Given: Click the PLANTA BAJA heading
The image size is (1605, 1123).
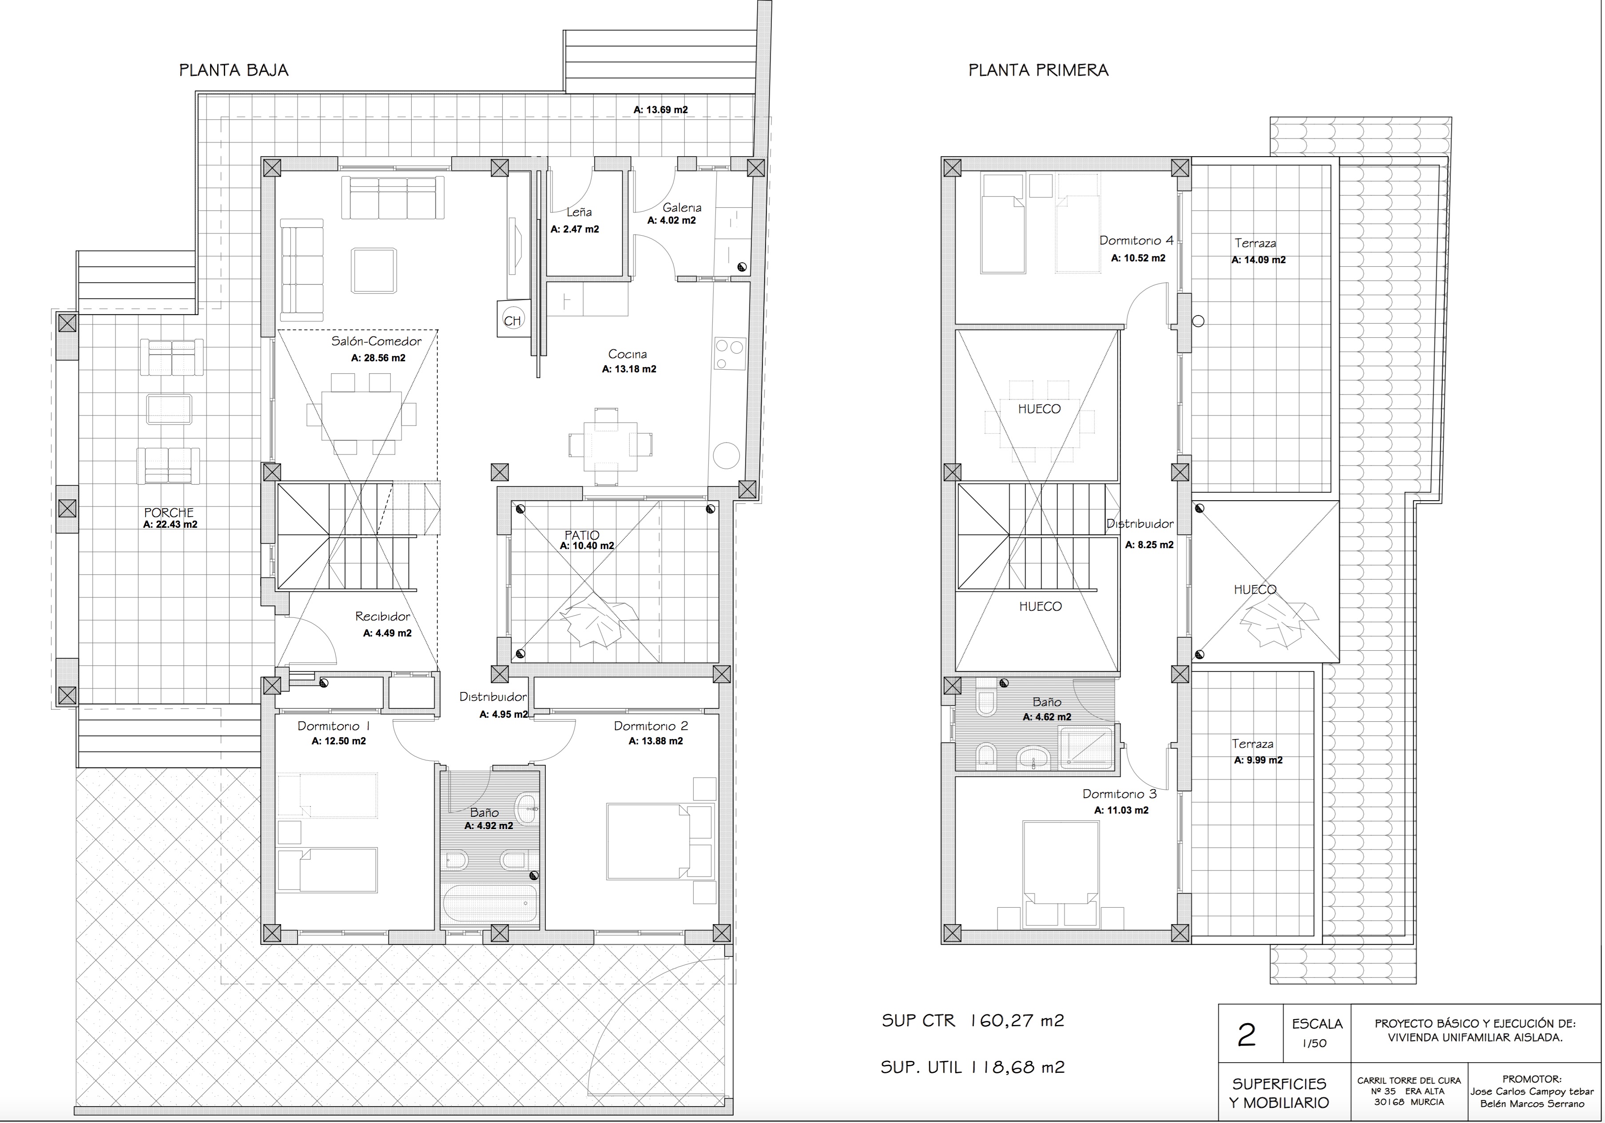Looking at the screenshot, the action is [234, 70].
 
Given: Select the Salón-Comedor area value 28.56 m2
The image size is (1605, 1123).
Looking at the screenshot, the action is [377, 358].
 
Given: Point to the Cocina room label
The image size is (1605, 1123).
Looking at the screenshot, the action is [627, 354].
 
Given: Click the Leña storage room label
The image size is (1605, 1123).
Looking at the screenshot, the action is [580, 212].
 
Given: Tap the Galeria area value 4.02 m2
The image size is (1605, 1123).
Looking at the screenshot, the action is [672, 221].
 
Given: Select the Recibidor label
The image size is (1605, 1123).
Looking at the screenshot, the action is [382, 617].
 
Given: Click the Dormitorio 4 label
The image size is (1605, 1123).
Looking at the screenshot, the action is [1136, 241].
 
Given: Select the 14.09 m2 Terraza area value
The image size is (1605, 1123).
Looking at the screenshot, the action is [1258, 260].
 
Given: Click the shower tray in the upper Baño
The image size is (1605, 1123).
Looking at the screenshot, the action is [1085, 748].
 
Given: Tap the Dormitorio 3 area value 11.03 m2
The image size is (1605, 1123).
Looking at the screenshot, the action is [1121, 811].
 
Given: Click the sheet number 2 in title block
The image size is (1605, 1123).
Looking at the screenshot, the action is [1247, 1036].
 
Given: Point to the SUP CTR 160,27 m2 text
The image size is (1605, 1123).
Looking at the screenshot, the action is [973, 1021].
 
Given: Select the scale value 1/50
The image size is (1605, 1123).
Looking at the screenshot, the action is [1314, 1044].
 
